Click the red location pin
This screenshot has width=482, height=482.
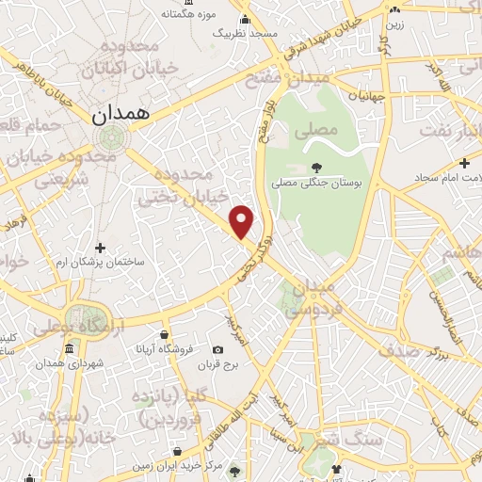(243, 220)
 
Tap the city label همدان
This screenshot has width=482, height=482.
(121, 114)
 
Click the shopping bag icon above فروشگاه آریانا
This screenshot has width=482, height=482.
(166, 333)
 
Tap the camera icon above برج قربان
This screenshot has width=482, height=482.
(219, 349)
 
